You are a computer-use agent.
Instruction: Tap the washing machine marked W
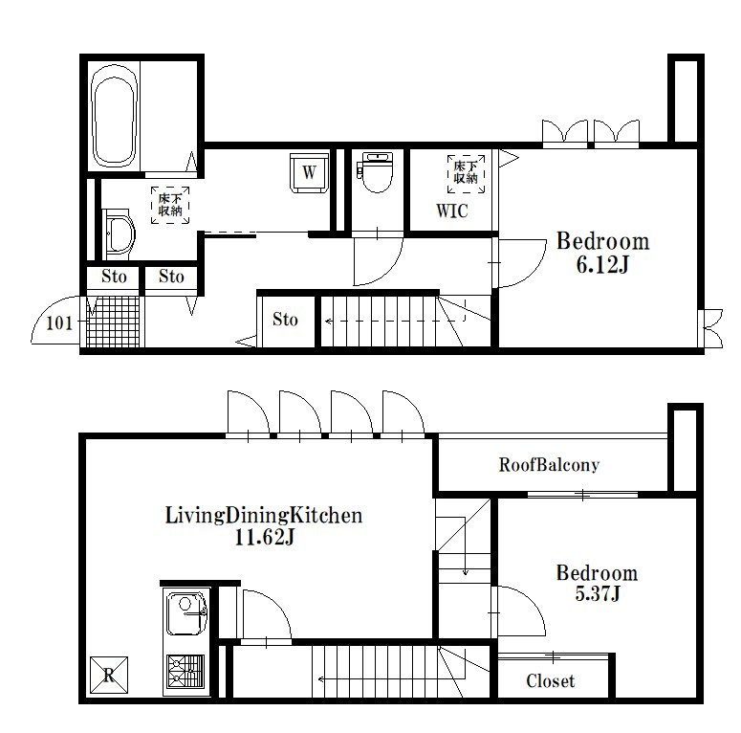coord(308,173)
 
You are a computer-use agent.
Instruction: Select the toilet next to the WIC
coord(376,172)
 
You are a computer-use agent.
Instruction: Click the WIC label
coord(451,211)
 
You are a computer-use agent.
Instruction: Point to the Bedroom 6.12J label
coord(602,253)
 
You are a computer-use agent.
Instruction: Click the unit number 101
coord(59,322)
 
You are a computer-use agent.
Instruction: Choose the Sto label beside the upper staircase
coord(285,320)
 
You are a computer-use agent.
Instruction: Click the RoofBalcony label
coord(549,465)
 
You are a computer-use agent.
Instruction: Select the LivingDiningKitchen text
coord(264,517)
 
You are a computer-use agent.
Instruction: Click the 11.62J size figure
coord(264,539)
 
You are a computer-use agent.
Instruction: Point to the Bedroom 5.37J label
coord(597,584)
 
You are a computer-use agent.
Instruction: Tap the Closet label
coord(551,681)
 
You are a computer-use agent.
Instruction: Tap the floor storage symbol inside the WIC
coord(465,173)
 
